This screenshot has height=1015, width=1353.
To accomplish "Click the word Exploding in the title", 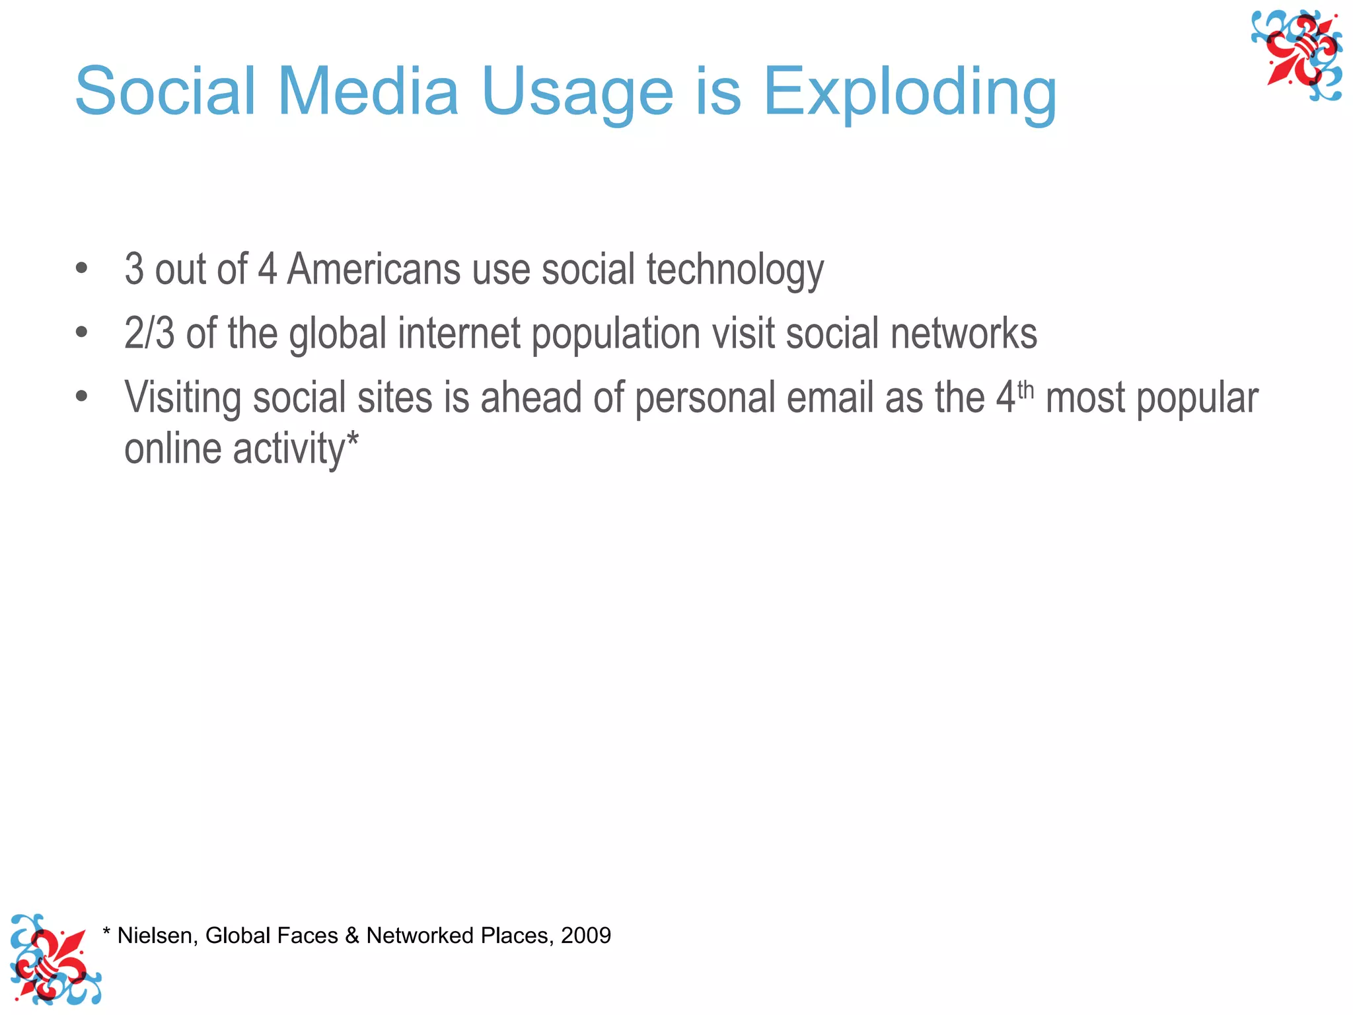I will click(x=910, y=93).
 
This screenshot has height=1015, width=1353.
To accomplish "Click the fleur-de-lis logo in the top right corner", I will click(x=1297, y=56).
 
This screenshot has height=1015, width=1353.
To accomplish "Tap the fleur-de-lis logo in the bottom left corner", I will click(x=54, y=959).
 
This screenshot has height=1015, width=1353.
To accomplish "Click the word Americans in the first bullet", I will click(x=373, y=270).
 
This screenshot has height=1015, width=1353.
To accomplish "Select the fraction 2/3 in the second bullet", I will click(x=149, y=332).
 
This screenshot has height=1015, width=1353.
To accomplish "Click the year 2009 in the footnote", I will click(x=586, y=936).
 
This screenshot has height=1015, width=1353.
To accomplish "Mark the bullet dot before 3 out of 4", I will click(x=81, y=268).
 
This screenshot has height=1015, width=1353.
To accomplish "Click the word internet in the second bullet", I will click(x=459, y=332).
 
